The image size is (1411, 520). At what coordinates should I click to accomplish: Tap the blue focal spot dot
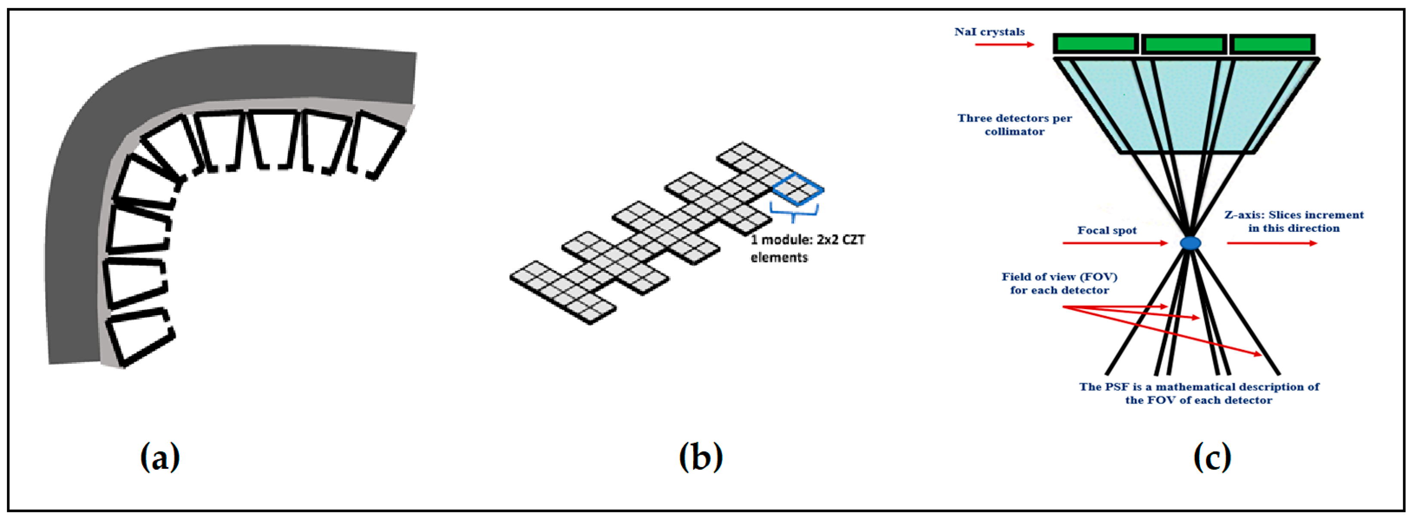(x=1190, y=243)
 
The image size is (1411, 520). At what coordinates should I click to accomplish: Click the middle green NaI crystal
(x=1184, y=44)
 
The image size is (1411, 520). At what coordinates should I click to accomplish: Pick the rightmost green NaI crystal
(x=1271, y=44)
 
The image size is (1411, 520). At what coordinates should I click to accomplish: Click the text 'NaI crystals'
(x=989, y=32)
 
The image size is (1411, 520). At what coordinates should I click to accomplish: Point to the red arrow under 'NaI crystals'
(x=1004, y=44)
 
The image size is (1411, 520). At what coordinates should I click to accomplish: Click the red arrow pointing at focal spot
(x=1115, y=243)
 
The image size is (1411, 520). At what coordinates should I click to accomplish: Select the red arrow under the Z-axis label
(x=1272, y=243)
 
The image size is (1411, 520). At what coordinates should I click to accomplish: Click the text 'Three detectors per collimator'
(x=1014, y=124)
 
